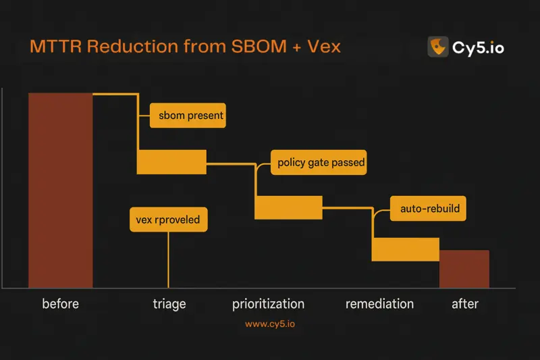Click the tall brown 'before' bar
pyautogui.click(x=60, y=190)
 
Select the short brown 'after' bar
pyautogui.click(x=464, y=269)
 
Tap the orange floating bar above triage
pyautogui.click(x=171, y=161)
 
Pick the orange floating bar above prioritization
pyautogui.click(x=288, y=207)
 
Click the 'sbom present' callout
pyautogui.click(x=187, y=115)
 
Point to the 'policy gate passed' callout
pyautogui.click(x=319, y=162)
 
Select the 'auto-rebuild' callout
pyautogui.click(x=429, y=209)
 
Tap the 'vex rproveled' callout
pyautogui.click(x=168, y=220)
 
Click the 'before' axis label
pyautogui.click(x=60, y=304)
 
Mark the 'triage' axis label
pyautogui.click(x=169, y=304)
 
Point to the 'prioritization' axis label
pyautogui.click(x=268, y=304)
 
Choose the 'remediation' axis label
pyautogui.click(x=379, y=304)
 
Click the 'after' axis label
pyautogui.click(x=464, y=304)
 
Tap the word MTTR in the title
pyautogui.click(x=58, y=47)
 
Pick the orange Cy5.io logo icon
pyautogui.click(x=438, y=47)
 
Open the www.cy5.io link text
pyautogui.click(x=270, y=324)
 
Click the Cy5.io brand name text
pyautogui.click(x=479, y=47)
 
